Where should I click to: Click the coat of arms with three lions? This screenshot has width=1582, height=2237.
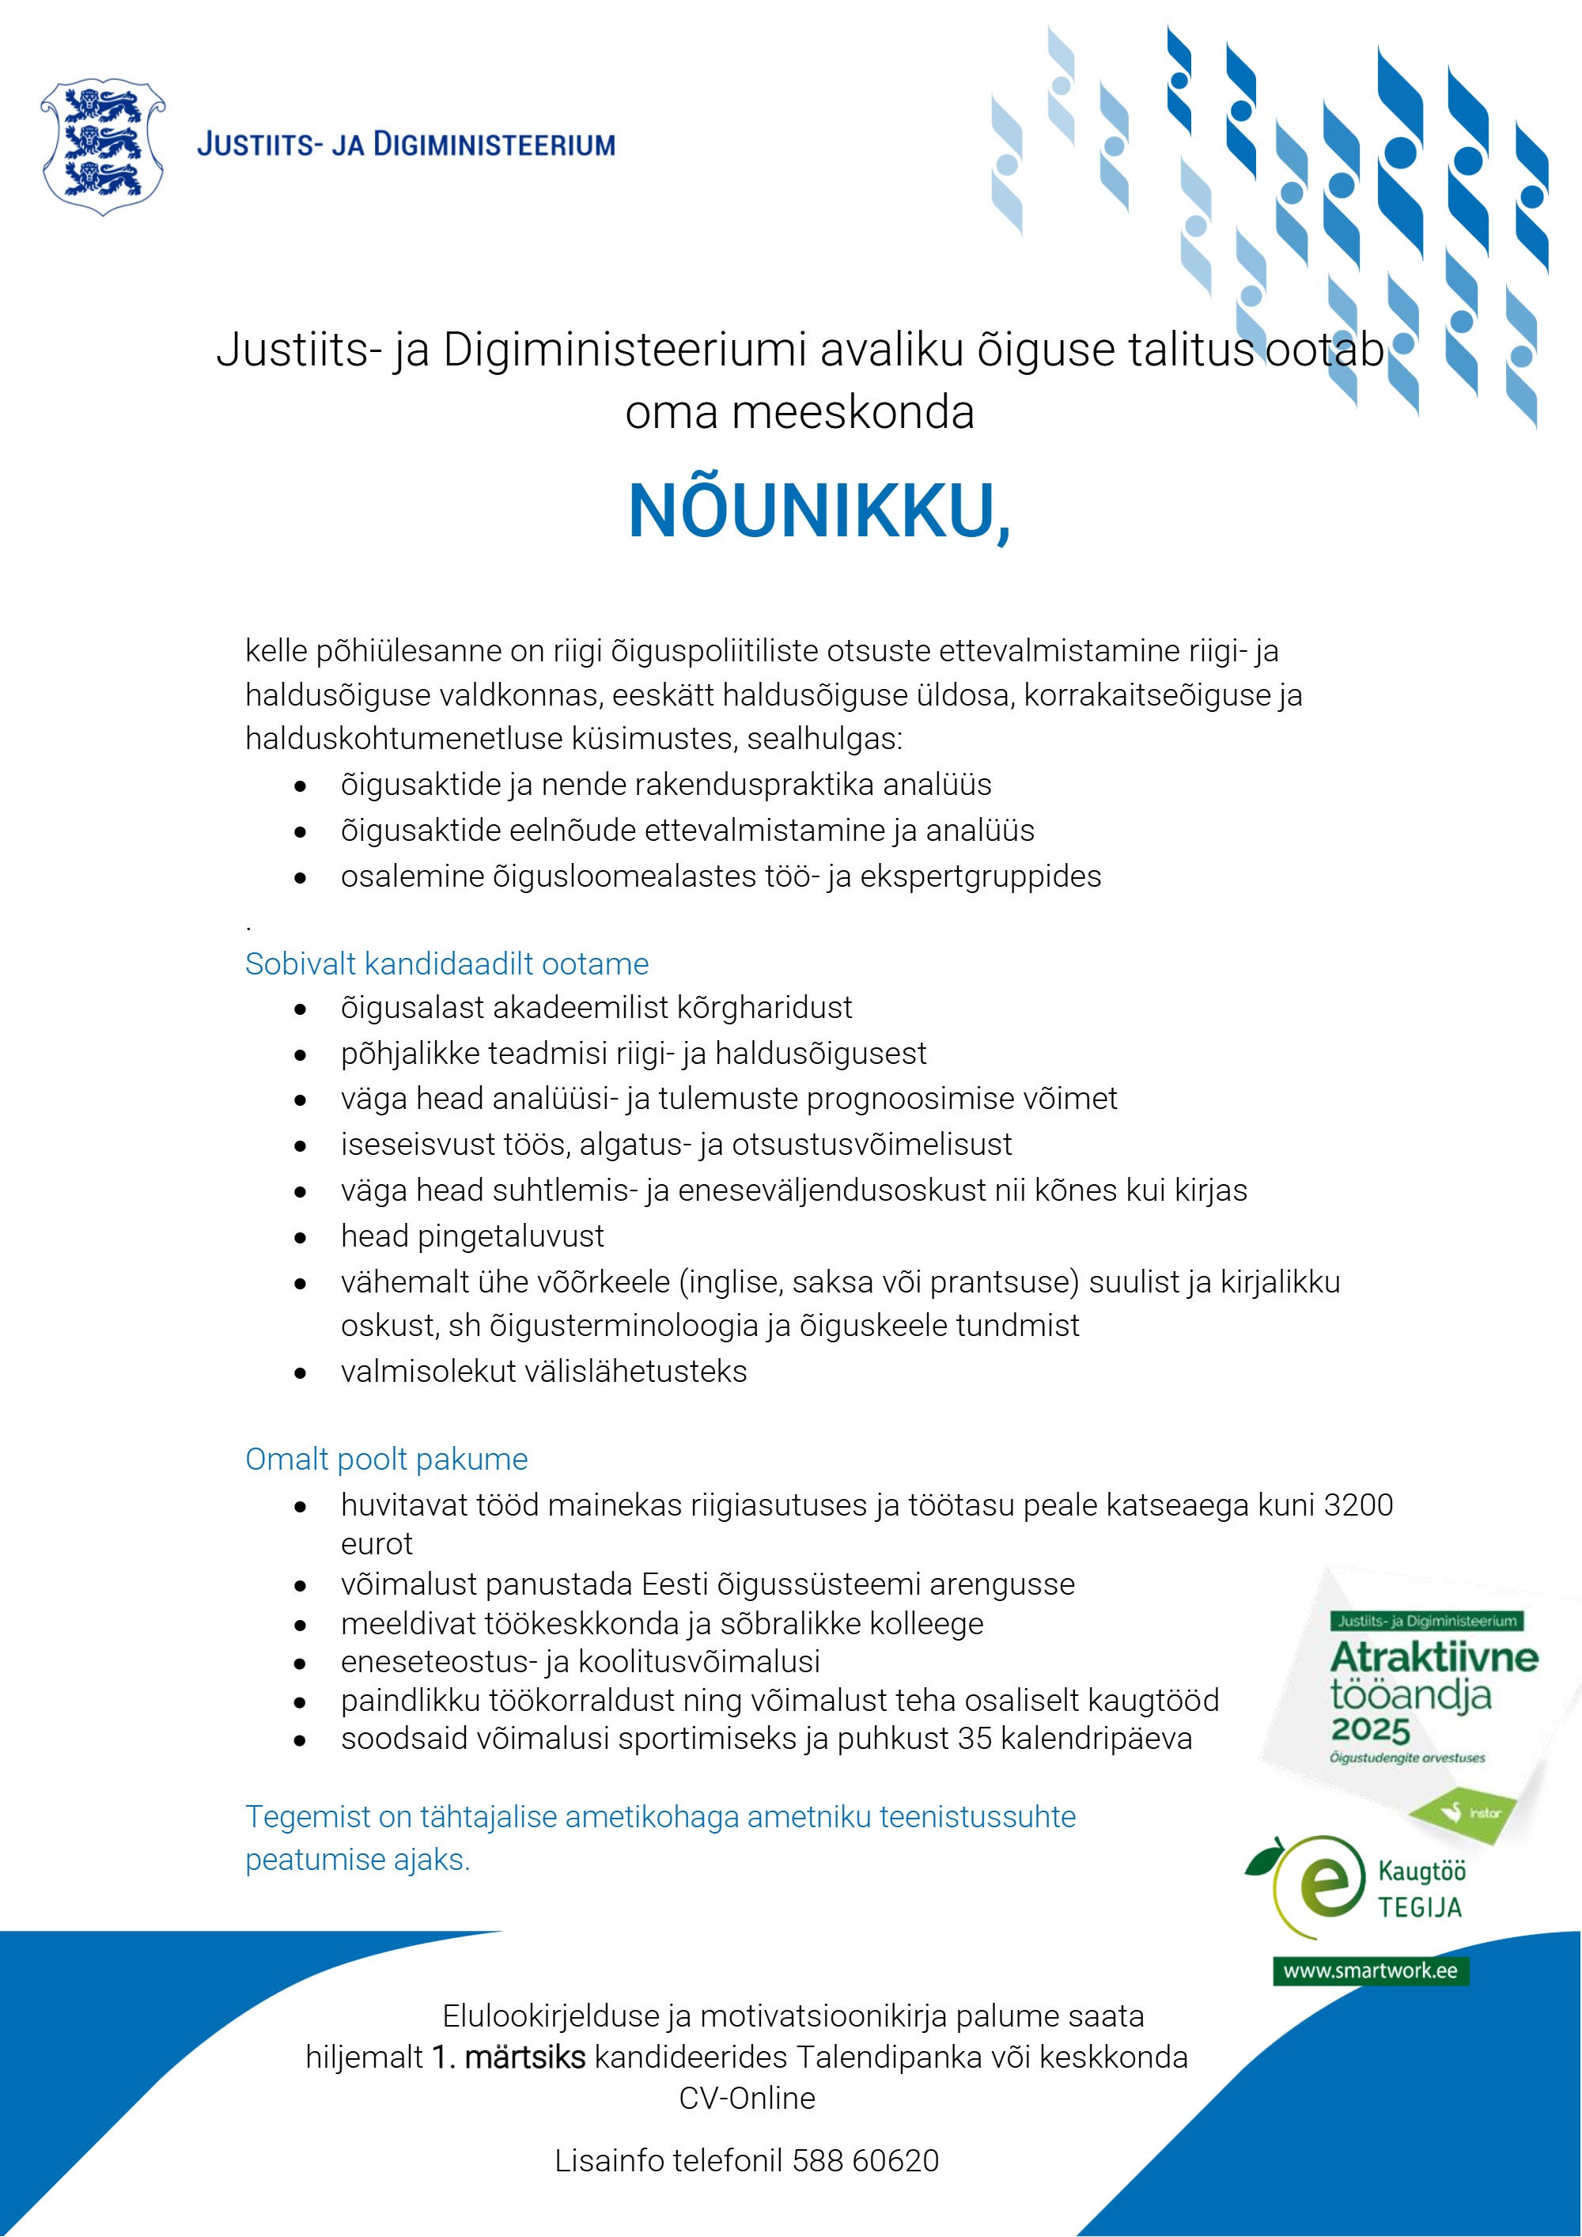pyautogui.click(x=102, y=146)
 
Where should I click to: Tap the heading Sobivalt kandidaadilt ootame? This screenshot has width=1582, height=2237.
pyautogui.click(x=446, y=963)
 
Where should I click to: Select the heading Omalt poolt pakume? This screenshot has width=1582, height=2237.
pyautogui.click(x=386, y=1459)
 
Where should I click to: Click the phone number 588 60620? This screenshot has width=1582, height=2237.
pyautogui.click(x=865, y=2160)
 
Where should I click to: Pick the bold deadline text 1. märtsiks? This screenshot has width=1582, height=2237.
pyautogui.click(x=509, y=2057)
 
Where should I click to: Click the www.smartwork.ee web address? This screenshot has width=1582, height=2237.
pyautogui.click(x=1370, y=1970)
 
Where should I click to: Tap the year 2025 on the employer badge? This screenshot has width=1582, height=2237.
pyautogui.click(x=1371, y=1732)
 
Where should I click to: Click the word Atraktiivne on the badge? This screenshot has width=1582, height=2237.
pyautogui.click(x=1434, y=1657)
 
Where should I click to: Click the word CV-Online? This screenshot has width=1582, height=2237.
pyautogui.click(x=747, y=2098)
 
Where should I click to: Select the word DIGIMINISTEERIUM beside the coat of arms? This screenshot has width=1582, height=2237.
pyautogui.click(x=495, y=146)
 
